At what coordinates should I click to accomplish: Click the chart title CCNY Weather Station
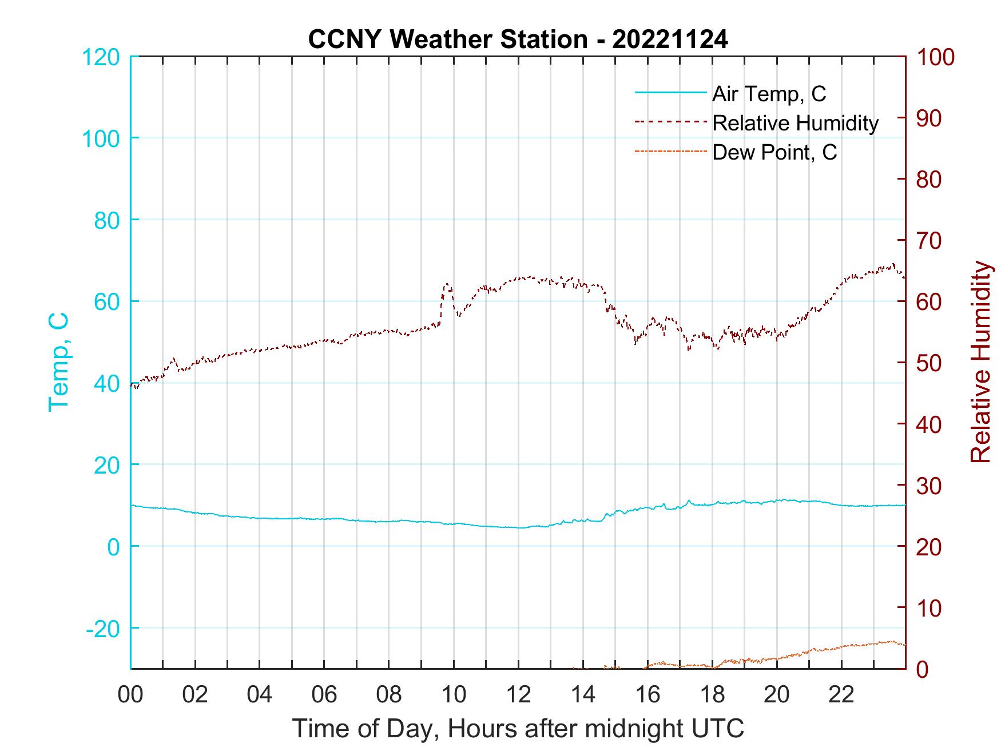(x=518, y=39)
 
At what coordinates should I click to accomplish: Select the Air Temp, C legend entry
(x=768, y=94)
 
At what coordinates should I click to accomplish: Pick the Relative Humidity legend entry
(x=795, y=123)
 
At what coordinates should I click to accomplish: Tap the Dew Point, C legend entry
(x=774, y=152)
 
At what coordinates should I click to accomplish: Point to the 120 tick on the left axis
(x=101, y=57)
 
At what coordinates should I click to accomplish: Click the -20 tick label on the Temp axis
(x=103, y=629)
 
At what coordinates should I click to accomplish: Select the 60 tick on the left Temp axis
(x=108, y=301)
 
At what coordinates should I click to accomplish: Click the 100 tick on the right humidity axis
(x=935, y=57)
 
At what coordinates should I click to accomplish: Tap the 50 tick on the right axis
(x=928, y=363)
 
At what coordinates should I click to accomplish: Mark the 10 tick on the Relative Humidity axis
(x=928, y=608)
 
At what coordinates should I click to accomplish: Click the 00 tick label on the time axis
(x=130, y=695)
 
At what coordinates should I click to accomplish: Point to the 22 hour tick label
(x=841, y=695)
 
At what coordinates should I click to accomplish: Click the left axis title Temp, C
(x=59, y=361)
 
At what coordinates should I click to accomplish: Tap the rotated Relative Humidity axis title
(x=980, y=361)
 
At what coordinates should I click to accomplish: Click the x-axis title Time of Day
(x=518, y=729)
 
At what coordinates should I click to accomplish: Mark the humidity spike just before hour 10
(x=447, y=284)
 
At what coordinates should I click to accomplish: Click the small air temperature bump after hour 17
(x=689, y=501)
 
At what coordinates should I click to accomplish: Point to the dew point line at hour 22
(x=841, y=647)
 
